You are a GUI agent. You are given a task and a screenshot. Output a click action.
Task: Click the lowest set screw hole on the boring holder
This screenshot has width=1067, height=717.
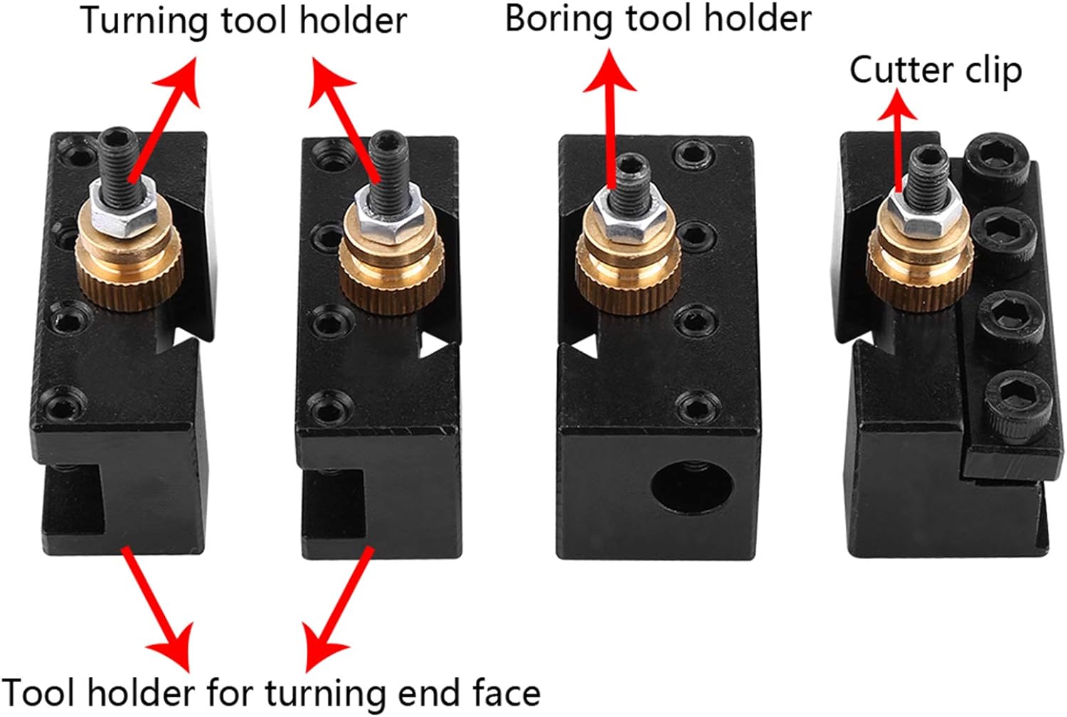pyautogui.click(x=696, y=408)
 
